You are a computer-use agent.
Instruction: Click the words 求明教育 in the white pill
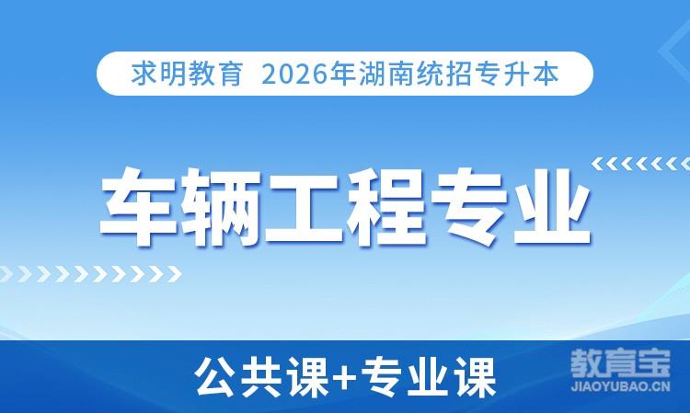coord(187,74)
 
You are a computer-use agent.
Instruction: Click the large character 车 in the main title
coord(139,206)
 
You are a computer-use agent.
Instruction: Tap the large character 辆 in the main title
coord(222,206)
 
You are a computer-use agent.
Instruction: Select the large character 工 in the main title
coord(305,206)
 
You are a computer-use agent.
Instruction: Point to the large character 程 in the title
coord(386,206)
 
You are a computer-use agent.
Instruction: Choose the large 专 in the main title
coord(469,206)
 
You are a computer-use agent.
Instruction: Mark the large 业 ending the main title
coord(552,206)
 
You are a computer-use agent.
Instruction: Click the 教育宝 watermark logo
coord(620,363)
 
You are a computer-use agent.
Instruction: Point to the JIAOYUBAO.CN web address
coord(620,386)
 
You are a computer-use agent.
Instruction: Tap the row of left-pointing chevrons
coord(640,164)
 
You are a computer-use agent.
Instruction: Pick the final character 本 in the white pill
coord(546,74)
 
